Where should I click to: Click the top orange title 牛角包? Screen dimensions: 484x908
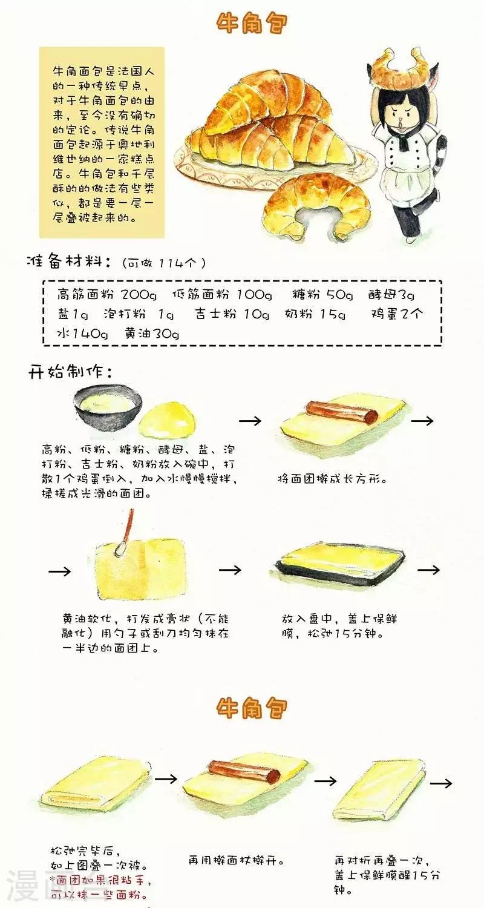(x=252, y=24)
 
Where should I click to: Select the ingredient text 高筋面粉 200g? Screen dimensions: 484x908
(x=107, y=294)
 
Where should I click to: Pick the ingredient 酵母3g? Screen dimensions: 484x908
(x=391, y=294)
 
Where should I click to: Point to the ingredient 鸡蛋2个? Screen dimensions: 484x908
(x=397, y=314)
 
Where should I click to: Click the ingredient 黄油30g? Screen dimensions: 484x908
(x=152, y=333)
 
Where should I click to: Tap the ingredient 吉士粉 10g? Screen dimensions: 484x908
(x=232, y=314)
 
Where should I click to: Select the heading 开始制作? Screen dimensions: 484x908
(x=69, y=371)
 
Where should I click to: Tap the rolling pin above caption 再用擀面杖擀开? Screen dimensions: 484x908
(x=244, y=772)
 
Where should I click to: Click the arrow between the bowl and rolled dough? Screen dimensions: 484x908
(x=250, y=421)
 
